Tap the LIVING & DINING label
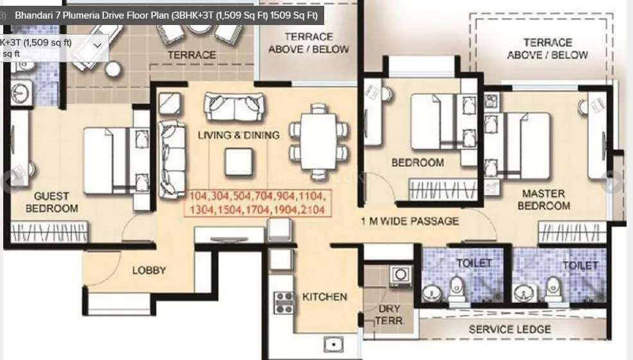pyautogui.click(x=238, y=135)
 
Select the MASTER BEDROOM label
pyautogui.click(x=543, y=200)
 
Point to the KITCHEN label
pyautogui.click(x=324, y=297)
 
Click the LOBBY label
pyautogui.click(x=149, y=270)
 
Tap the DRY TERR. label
pyautogui.click(x=388, y=314)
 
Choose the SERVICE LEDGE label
pyautogui.click(x=509, y=329)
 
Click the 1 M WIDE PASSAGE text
pyautogui.click(x=410, y=221)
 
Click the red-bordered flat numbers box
pyautogui.click(x=257, y=203)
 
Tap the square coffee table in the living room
pyautogui.click(x=238, y=162)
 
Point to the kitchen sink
pyautogui.click(x=334, y=345)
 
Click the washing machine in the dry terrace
pyautogui.click(x=401, y=275)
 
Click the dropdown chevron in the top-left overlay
pyautogui.click(x=98, y=46)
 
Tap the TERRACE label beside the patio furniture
pyautogui.click(x=191, y=55)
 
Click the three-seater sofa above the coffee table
pyautogui.click(x=234, y=107)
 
